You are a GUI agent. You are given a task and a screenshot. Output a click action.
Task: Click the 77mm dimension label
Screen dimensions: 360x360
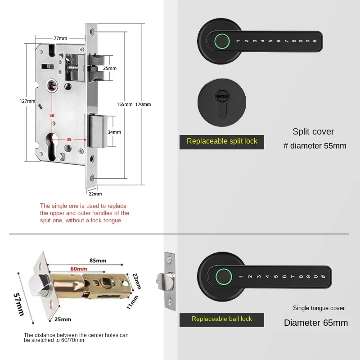click(x=60, y=38)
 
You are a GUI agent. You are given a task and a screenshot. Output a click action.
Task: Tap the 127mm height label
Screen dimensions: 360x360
click(x=27, y=101)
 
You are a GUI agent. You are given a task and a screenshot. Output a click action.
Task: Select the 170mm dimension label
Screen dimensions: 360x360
click(x=143, y=104)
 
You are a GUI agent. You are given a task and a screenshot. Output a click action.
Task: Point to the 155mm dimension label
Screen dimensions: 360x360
click(x=125, y=104)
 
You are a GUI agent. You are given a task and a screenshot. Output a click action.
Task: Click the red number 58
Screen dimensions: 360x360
click(x=52, y=116)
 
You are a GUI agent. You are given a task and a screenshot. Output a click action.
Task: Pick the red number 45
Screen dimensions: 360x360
click(x=69, y=139)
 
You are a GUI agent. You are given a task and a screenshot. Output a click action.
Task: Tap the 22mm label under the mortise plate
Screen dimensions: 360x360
click(x=95, y=194)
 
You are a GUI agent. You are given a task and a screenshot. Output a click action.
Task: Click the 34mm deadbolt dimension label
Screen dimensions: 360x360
click(x=114, y=132)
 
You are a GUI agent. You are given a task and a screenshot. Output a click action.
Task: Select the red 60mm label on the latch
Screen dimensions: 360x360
click(x=79, y=269)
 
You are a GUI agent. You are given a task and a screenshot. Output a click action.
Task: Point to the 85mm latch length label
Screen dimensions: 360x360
click(x=98, y=261)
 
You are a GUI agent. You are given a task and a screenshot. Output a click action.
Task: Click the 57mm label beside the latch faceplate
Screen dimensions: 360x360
click(x=19, y=305)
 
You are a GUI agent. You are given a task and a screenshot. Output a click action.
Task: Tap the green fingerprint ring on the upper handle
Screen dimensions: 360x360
click(x=222, y=41)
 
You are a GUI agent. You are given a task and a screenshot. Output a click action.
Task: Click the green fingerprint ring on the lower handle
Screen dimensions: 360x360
click(x=223, y=277)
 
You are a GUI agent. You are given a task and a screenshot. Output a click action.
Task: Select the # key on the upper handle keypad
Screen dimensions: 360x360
click(x=315, y=41)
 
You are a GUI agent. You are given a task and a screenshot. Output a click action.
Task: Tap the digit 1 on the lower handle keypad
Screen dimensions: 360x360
click(x=241, y=276)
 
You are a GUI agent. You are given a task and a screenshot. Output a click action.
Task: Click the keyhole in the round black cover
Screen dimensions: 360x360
click(x=222, y=103)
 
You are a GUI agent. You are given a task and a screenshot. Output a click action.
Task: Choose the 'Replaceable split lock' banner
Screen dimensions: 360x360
click(x=222, y=142)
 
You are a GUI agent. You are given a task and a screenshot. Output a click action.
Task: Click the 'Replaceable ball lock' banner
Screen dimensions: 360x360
click(x=222, y=320)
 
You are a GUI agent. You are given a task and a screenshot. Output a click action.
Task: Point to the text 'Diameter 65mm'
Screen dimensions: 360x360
click(x=316, y=323)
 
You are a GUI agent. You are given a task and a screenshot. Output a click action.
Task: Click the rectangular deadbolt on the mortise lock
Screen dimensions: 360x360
click(x=98, y=130)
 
